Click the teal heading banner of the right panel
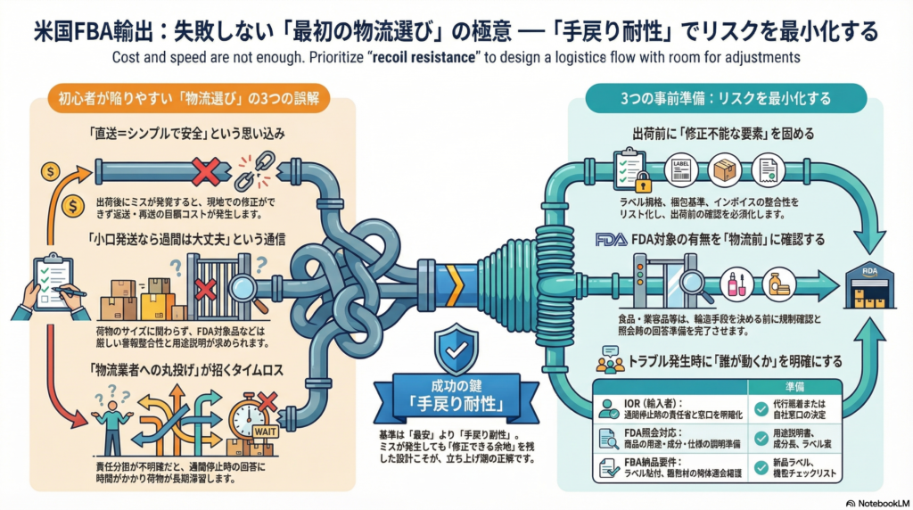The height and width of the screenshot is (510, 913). (x=726, y=97)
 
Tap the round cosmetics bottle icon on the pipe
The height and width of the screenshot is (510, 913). (x=734, y=284)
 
